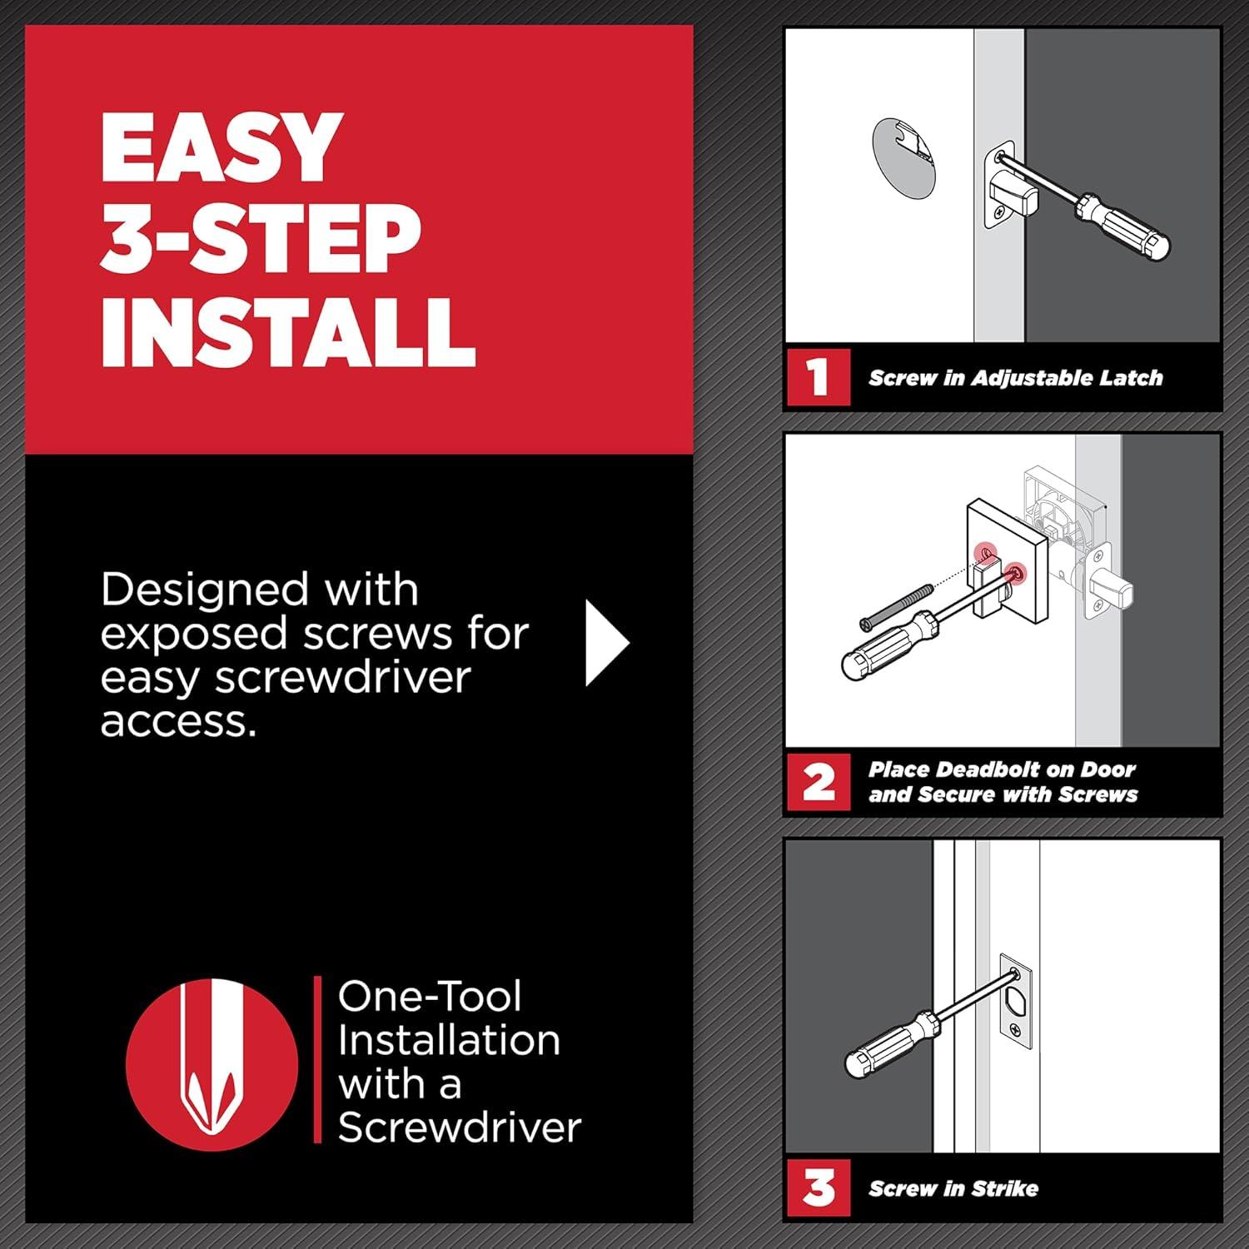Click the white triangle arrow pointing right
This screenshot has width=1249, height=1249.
[605, 644]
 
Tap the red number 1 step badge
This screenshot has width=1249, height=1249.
[819, 377]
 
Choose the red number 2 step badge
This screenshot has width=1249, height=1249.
[819, 783]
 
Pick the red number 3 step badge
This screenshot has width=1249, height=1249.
[819, 1188]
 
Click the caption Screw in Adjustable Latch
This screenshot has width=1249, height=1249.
[1015, 378]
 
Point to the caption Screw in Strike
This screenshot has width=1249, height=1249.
[953, 1189]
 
